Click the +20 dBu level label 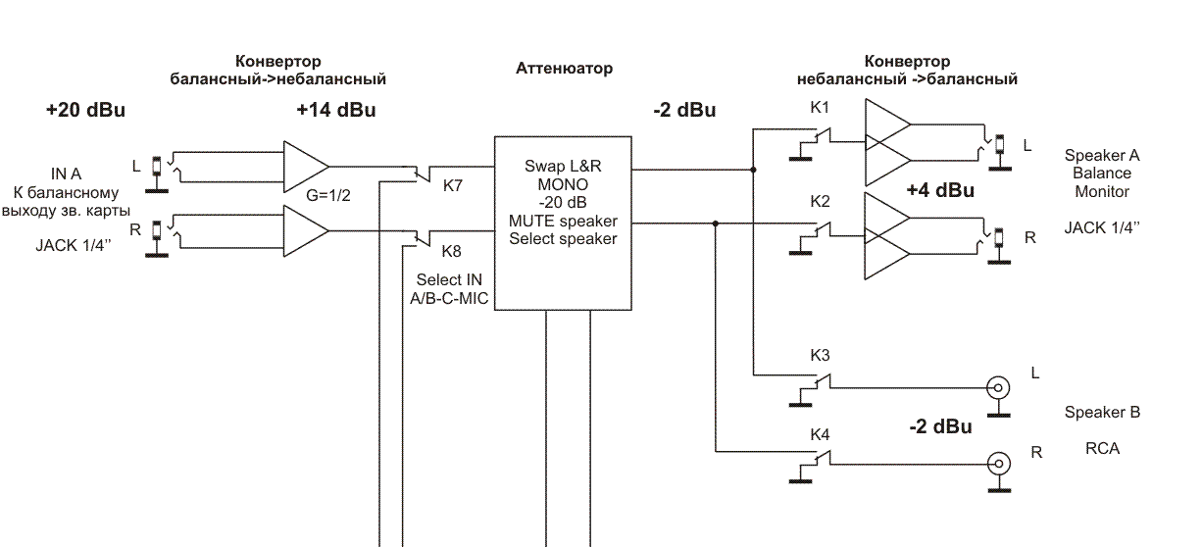coord(85,110)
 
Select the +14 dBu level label coord(335,110)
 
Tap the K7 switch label coord(453,186)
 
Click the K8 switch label coord(452,250)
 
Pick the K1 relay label coord(820,106)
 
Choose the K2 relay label coord(820,202)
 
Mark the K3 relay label coord(820,355)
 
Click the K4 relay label coord(820,433)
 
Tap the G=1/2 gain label coord(328,196)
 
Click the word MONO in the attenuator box coord(563,184)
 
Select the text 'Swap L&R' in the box coord(563,166)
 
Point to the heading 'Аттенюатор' coord(564,69)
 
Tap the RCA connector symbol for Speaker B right coord(998,463)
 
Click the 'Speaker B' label coord(1102,413)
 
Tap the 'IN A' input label coord(67,174)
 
